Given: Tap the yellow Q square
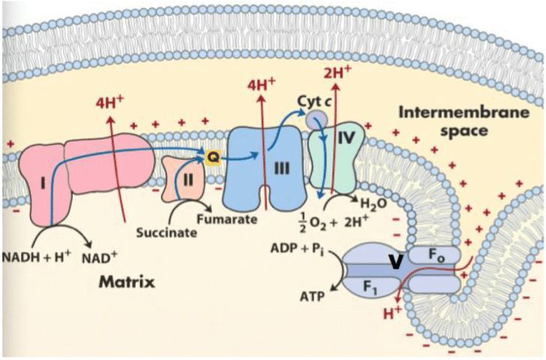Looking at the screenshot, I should point(213,156).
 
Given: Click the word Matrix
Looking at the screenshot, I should point(127,283).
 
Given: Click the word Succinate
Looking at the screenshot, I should point(166,232).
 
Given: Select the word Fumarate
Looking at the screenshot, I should point(227,220).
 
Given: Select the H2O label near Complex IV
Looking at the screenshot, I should point(373,202).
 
